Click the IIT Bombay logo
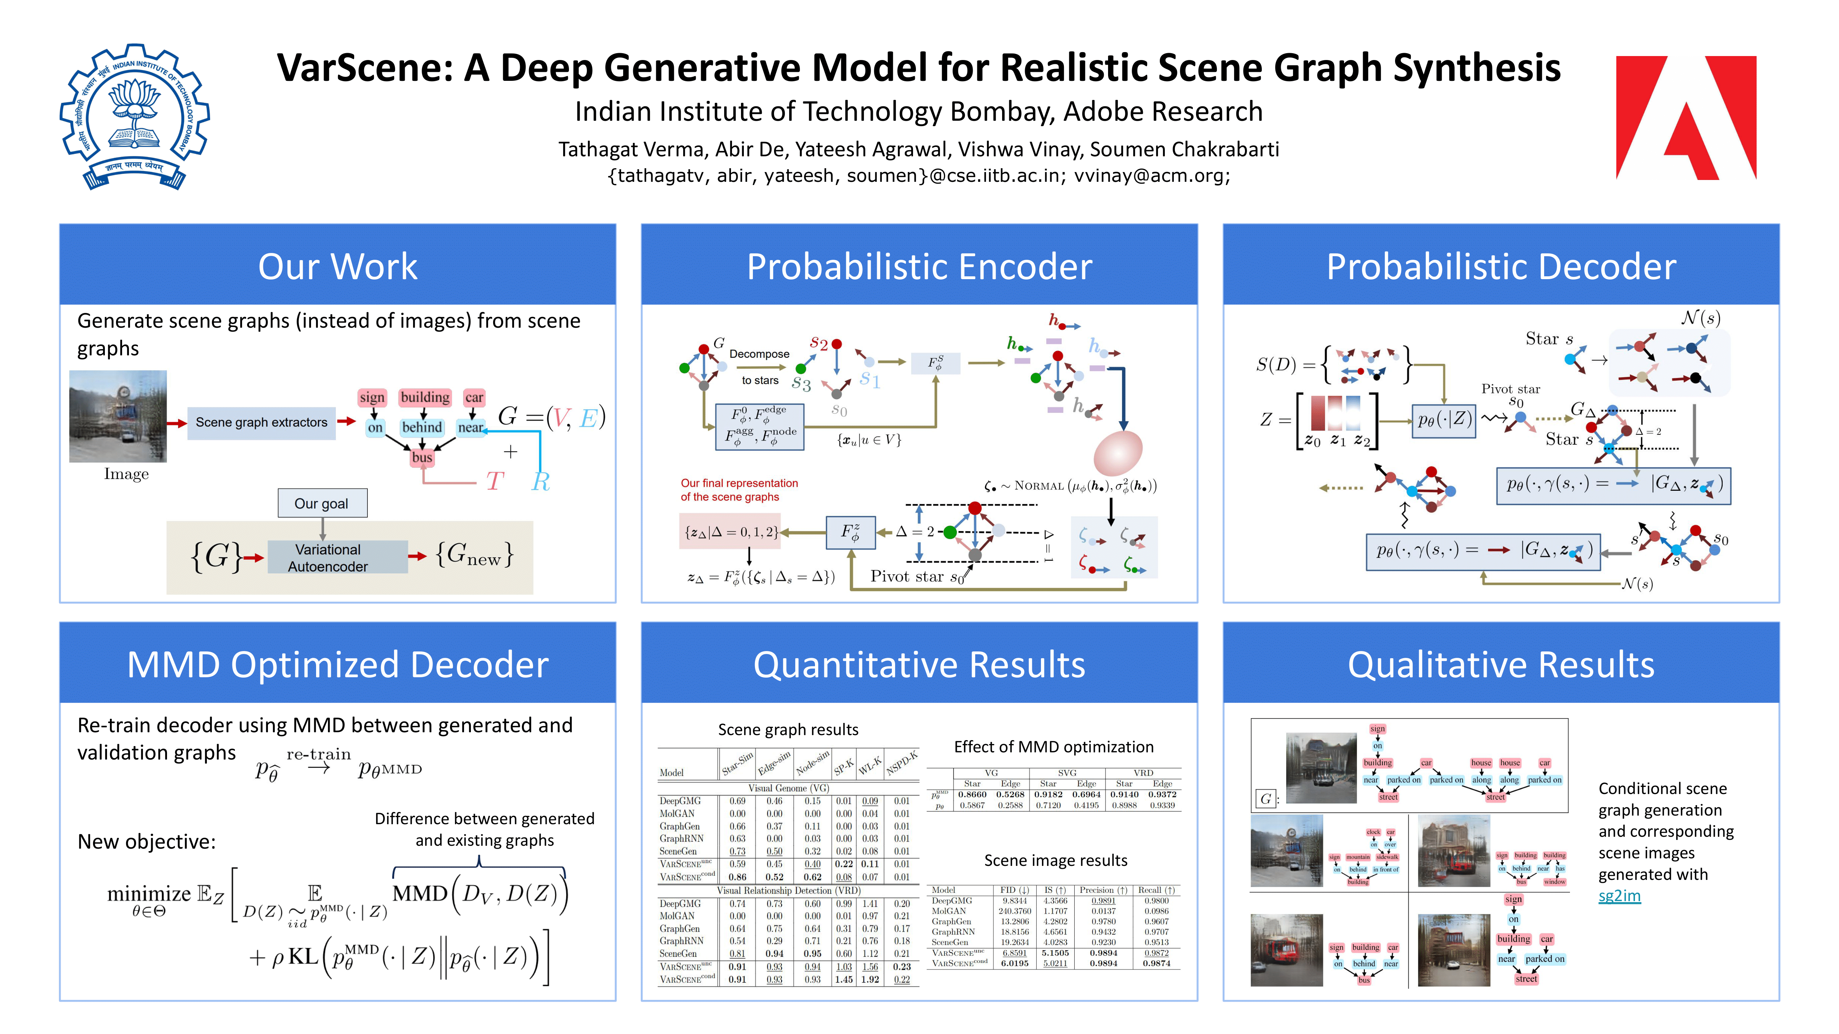click(134, 116)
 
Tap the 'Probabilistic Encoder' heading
click(919, 266)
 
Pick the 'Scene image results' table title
click(1055, 860)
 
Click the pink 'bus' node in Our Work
click(422, 457)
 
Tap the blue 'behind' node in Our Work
click(422, 427)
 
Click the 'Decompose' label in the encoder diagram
click(759, 354)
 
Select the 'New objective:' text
click(146, 842)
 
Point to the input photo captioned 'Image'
click(118, 416)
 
